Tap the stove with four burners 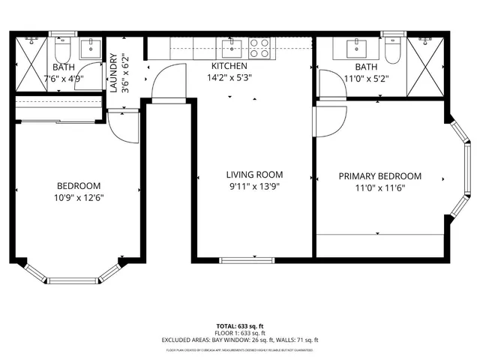coord(259,49)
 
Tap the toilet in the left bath coord(62,50)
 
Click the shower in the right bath coord(427,67)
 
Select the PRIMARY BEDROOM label coord(379,176)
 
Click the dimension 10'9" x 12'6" coord(79,198)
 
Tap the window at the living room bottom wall coord(241,260)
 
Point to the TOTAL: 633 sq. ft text coord(240,326)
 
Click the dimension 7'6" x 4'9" coord(64,78)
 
